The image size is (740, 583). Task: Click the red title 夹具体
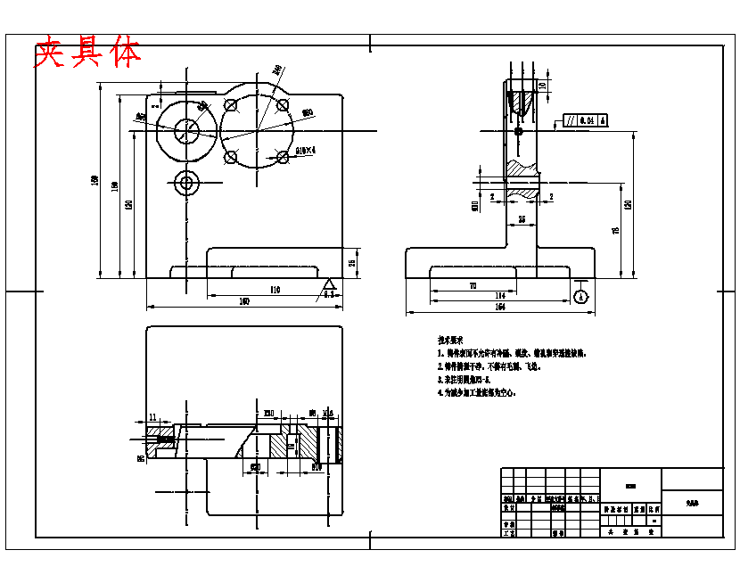click(87, 53)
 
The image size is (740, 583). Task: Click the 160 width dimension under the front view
click(243, 302)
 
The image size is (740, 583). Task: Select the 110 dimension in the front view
click(274, 290)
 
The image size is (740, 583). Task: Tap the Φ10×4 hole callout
click(307, 151)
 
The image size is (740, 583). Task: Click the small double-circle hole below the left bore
click(187, 184)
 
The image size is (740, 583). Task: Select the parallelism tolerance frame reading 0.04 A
click(585, 119)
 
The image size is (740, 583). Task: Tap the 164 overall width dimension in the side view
click(499, 308)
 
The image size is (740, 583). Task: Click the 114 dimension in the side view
click(500, 295)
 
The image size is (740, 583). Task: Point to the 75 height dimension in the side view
click(615, 231)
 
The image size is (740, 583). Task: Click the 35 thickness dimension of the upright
click(522, 218)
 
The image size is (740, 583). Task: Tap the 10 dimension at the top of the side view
click(542, 86)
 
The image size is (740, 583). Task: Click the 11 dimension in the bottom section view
click(152, 416)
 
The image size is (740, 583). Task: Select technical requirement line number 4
click(477, 391)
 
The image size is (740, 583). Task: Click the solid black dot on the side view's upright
click(519, 131)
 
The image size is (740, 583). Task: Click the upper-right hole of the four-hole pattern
click(283, 106)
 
